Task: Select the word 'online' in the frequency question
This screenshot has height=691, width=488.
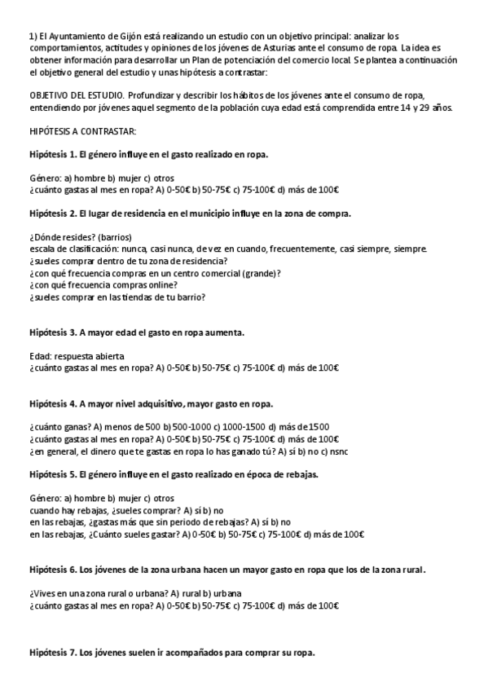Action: [162, 285]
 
